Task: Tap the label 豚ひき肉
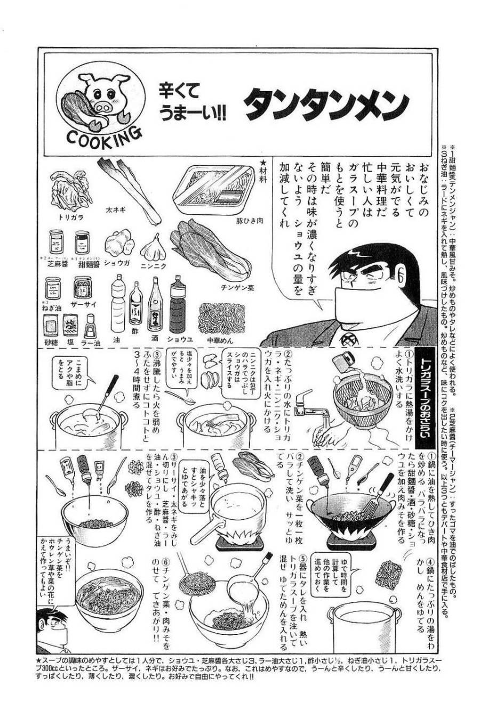[246, 220]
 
